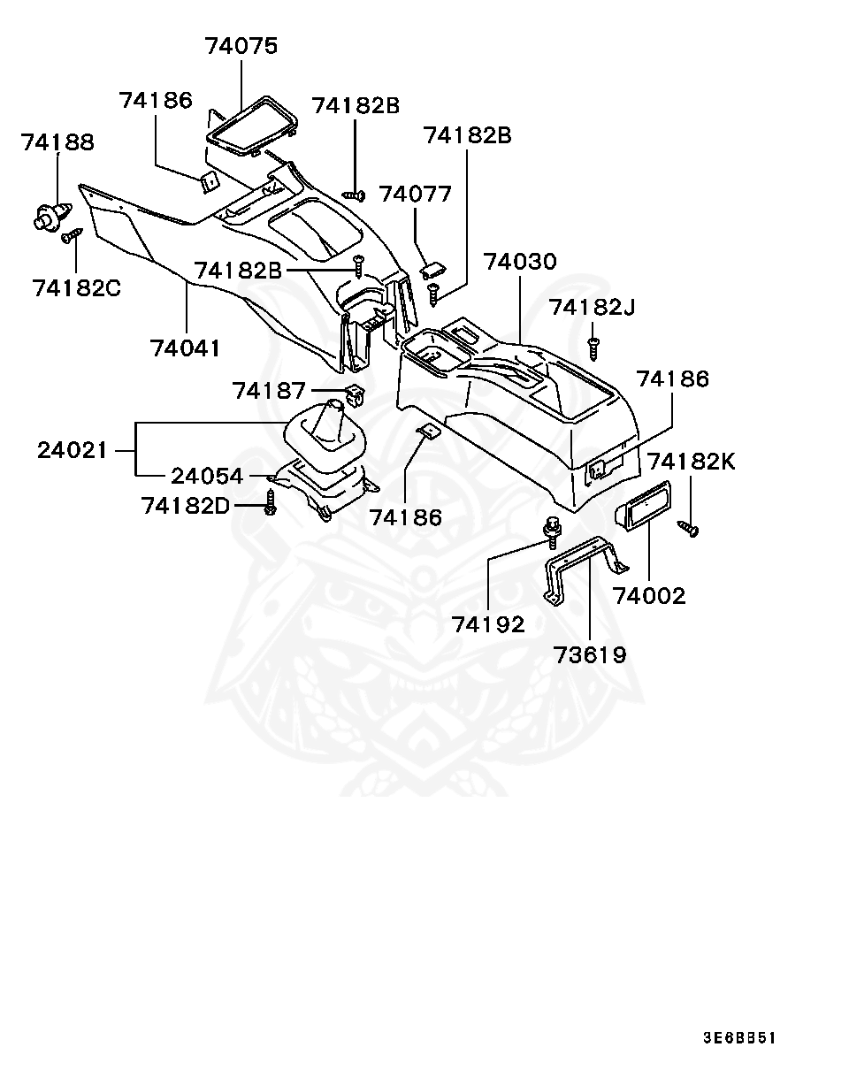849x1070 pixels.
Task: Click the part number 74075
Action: (241, 45)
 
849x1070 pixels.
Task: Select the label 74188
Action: (58, 141)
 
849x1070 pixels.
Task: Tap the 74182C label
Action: (77, 288)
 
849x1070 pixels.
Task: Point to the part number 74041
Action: (185, 348)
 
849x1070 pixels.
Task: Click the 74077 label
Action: (415, 194)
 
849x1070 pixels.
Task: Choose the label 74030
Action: (520, 262)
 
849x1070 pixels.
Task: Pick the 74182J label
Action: (592, 307)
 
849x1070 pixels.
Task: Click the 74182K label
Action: (691, 462)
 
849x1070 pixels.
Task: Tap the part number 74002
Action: (650, 595)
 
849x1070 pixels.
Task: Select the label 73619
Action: (590, 654)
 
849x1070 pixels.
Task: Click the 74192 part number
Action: (488, 624)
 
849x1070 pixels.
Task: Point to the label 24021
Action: (73, 450)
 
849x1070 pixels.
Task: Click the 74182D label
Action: (186, 506)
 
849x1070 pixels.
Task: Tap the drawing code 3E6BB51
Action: (739, 1038)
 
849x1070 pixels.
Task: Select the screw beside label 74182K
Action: (688, 528)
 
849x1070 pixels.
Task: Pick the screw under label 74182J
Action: (594, 347)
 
